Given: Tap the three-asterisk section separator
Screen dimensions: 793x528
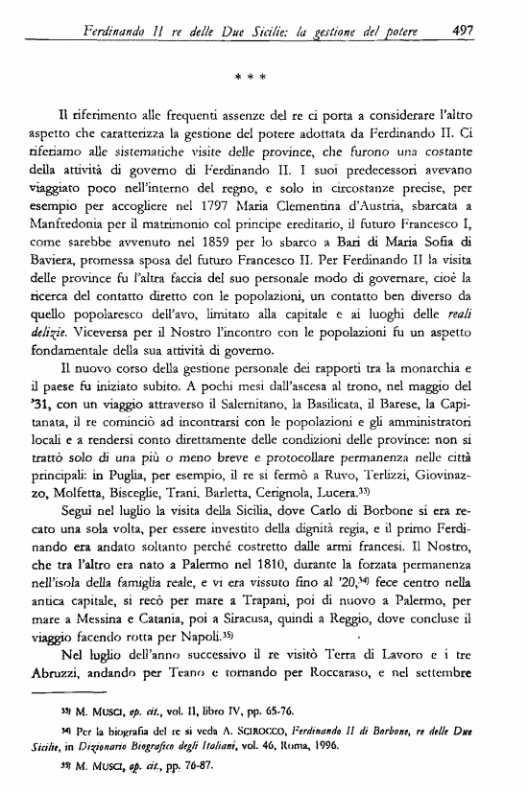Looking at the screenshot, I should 270,73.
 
